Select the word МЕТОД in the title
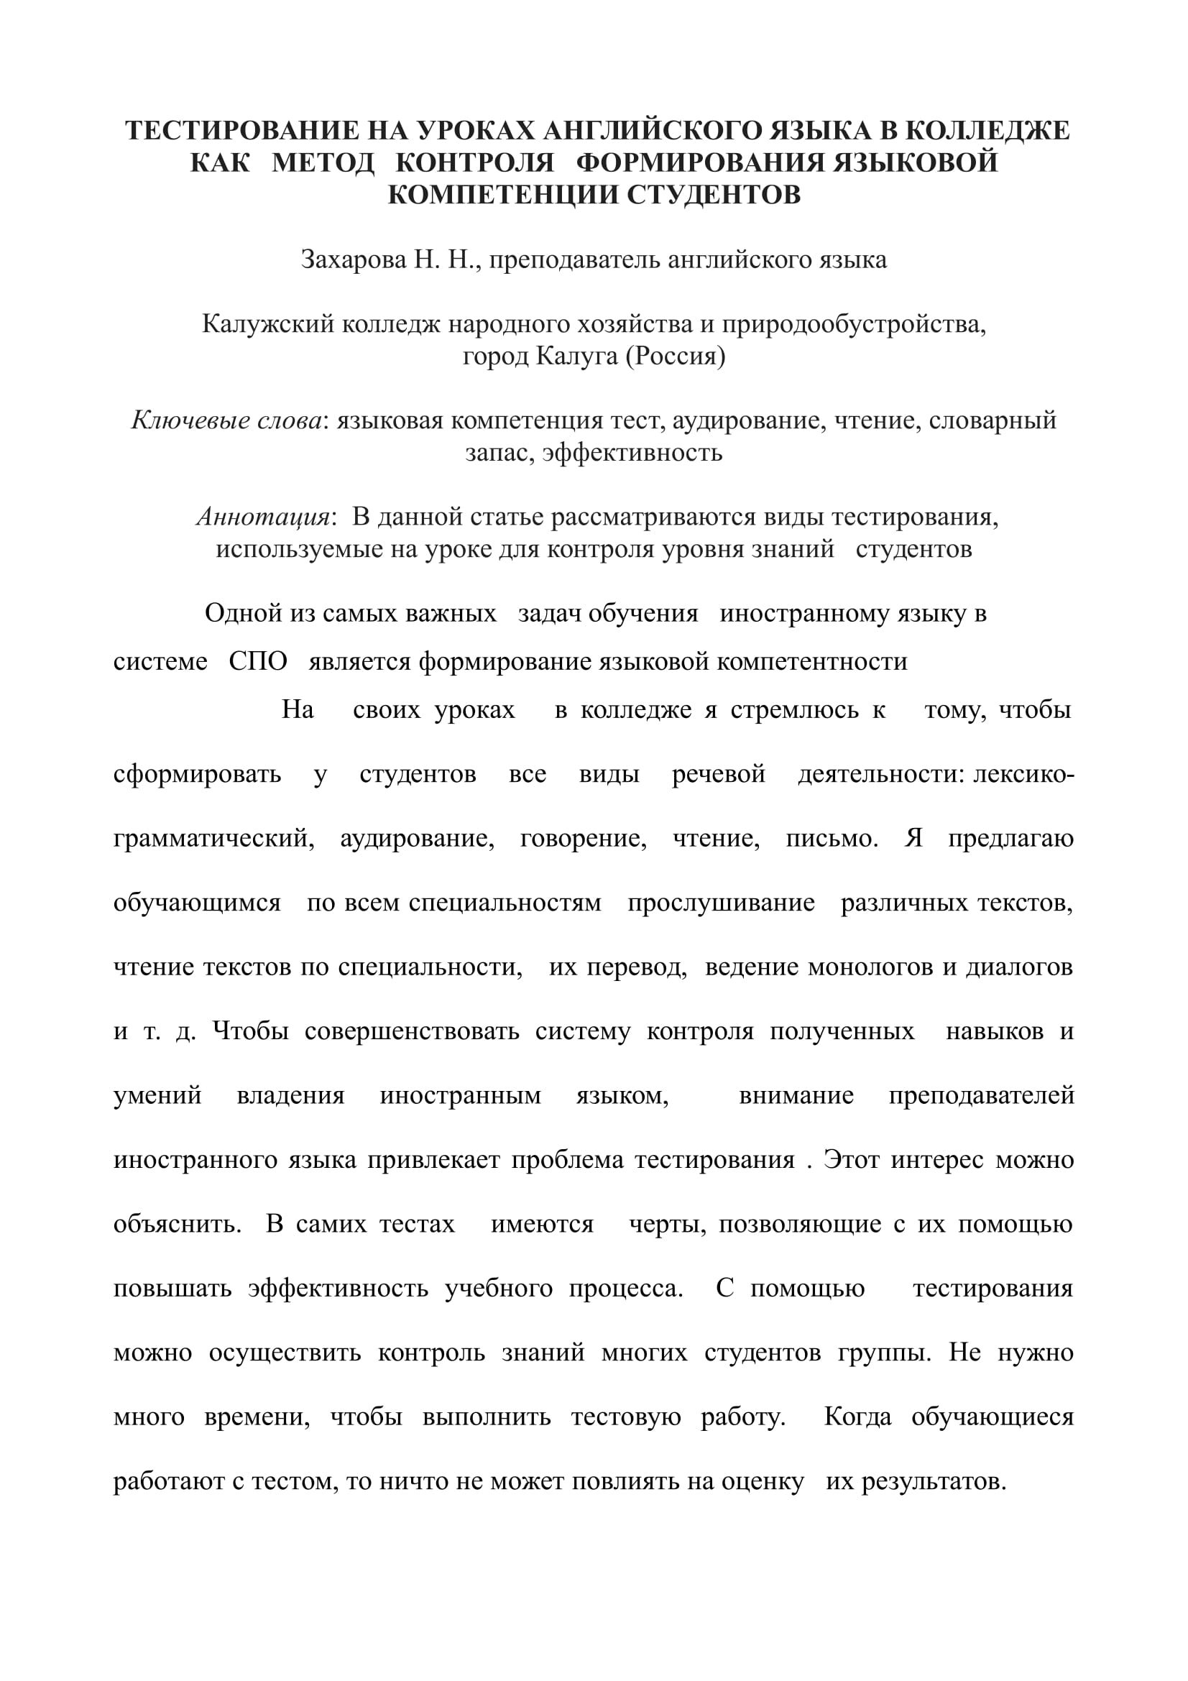click(323, 162)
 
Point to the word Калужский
click(269, 323)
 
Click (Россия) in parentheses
click(675, 356)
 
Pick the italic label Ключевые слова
click(226, 420)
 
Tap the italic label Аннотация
click(264, 517)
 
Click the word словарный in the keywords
click(993, 420)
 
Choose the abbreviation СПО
click(258, 661)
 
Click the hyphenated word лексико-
click(1023, 774)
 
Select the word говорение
click(583, 838)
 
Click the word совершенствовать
click(411, 1031)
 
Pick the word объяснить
click(177, 1224)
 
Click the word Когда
click(857, 1417)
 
